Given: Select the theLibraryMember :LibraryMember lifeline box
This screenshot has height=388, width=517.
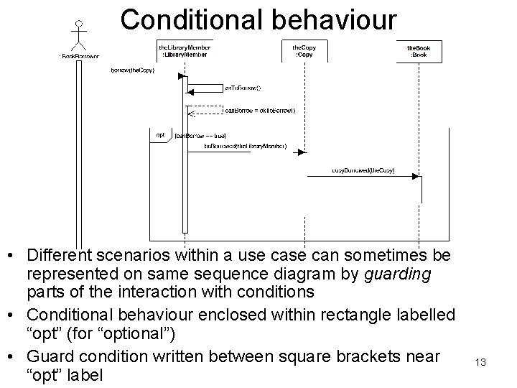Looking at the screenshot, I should [x=185, y=50].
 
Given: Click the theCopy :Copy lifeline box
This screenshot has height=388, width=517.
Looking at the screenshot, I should [x=304, y=50].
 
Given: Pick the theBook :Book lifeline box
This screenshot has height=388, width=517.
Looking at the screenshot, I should [x=419, y=50].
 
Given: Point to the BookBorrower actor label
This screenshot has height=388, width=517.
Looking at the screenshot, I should [x=79, y=56].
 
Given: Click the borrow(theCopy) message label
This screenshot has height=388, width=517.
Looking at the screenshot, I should [x=132, y=70].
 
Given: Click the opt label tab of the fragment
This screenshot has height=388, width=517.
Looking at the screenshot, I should [x=160, y=134].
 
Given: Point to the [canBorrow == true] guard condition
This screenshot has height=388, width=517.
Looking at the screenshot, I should [x=200, y=135].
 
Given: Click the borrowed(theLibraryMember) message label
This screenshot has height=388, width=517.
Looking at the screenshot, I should [x=245, y=146].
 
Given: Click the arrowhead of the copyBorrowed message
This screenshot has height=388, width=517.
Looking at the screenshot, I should [x=418, y=176].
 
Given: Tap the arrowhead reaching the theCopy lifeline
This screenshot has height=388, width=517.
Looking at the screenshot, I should [x=303, y=152].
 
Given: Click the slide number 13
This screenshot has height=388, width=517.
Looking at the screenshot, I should [x=480, y=363].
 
